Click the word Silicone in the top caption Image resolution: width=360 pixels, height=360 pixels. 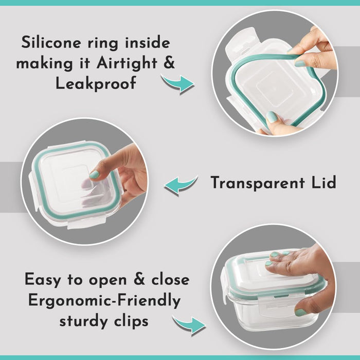[x=51, y=43]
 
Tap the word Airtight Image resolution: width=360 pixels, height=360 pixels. [x=127, y=63]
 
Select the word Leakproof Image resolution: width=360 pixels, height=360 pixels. [x=96, y=83]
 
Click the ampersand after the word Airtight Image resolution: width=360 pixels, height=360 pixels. [x=169, y=62]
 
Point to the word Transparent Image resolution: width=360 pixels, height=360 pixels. [x=258, y=183]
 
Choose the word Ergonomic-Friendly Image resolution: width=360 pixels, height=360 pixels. [x=104, y=301]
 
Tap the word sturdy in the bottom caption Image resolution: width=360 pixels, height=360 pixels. [x=84, y=322]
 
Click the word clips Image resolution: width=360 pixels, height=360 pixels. [x=131, y=321]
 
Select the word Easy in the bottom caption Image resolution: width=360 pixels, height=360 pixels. [x=43, y=280]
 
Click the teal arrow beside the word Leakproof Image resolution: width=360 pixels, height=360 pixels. [x=178, y=83]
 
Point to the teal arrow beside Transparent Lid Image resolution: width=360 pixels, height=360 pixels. [x=181, y=185]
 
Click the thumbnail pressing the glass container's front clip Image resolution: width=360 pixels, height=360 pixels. [x=300, y=313]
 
